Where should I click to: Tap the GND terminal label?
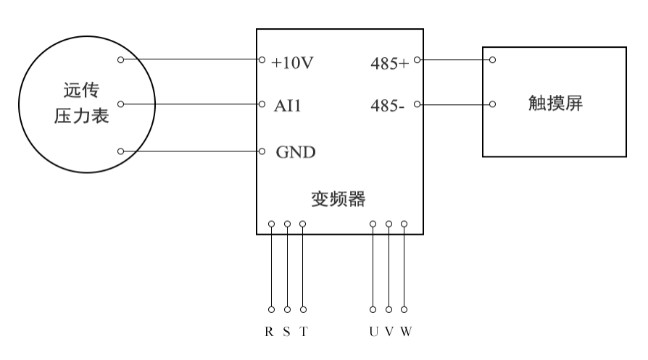tap(295, 153)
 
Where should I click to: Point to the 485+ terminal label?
tap(389, 63)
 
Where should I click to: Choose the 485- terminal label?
tap(388, 106)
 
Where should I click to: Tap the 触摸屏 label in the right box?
tap(556, 104)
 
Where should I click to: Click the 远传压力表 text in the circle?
tap(82, 104)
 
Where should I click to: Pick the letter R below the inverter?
tap(270, 332)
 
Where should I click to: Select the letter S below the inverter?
tap(286, 332)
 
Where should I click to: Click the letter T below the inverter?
tap(303, 332)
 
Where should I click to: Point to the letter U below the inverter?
tap(373, 332)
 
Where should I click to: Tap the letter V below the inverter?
tap(389, 332)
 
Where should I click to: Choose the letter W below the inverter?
tap(406, 332)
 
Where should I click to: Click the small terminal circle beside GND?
tap(262, 151)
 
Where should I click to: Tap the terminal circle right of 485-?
tap(417, 104)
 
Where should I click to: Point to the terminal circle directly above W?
tap(404, 224)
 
